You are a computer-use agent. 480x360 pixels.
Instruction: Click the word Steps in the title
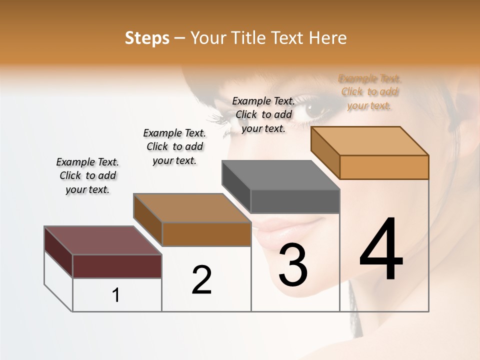pos(147,38)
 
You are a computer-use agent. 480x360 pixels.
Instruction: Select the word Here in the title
pos(328,38)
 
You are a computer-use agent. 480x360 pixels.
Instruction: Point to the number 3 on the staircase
pos(293,265)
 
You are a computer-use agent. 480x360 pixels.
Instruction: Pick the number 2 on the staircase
pos(201,280)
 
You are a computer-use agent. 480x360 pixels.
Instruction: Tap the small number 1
pos(116,295)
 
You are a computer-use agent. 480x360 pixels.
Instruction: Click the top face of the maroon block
pos(102,240)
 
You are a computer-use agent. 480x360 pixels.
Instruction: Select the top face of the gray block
pos(280,175)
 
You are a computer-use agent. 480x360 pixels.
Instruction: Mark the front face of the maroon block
pos(117,266)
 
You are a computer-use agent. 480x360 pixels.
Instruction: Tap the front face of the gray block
pos(295,201)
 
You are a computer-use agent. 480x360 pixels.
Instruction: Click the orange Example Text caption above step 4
pos(369,92)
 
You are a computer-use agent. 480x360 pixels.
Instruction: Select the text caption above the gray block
pos(263,114)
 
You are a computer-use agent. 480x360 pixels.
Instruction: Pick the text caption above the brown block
pos(174,146)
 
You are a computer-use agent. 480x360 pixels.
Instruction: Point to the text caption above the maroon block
pos(87,175)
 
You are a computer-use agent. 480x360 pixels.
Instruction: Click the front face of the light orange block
pos(384,167)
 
